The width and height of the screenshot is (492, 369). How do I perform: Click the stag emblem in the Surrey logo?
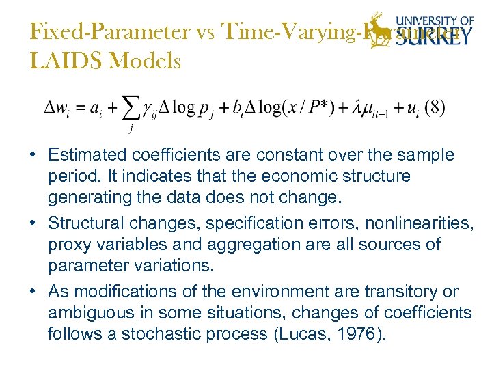coord(377,29)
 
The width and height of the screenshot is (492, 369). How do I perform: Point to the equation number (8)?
coord(434,109)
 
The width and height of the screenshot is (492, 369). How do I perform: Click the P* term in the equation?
coord(317,109)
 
